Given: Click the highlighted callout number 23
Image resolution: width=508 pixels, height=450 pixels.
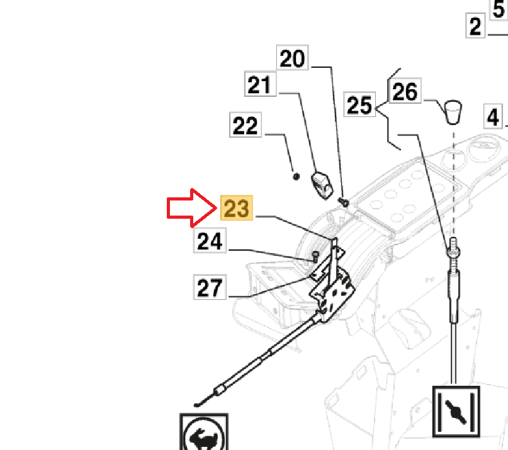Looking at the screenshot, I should (x=236, y=208).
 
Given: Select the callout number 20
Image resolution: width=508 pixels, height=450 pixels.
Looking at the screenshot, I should (x=292, y=59).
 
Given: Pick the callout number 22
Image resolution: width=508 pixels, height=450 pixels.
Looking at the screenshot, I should (x=245, y=126).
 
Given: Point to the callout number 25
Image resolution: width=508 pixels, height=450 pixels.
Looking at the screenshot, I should (x=360, y=105).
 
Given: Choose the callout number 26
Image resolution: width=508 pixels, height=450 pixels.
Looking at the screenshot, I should (x=405, y=92).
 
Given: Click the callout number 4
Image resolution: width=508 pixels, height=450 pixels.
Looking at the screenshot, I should (x=494, y=117).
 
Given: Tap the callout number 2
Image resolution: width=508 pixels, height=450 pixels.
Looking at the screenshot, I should (x=476, y=26).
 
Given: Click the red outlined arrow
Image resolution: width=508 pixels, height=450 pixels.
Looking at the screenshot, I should (x=190, y=207).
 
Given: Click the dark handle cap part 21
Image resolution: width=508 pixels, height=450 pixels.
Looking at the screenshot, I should (x=322, y=184).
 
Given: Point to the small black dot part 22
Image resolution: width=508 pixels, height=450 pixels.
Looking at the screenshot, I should (x=296, y=176).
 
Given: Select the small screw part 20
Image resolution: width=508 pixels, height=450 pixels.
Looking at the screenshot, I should (x=344, y=201).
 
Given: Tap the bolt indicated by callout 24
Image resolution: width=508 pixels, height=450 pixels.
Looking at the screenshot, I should (x=314, y=255).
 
